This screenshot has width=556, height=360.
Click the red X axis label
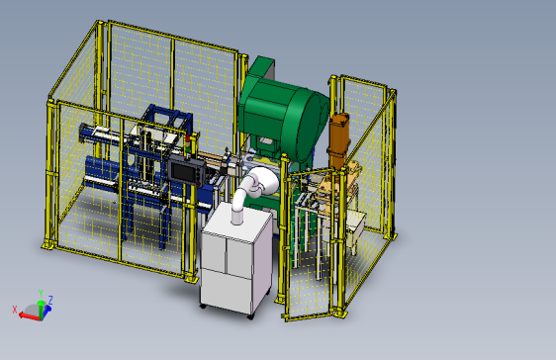point(15,310)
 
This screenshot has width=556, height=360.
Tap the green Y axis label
point(41,293)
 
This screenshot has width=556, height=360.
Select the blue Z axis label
point(50,301)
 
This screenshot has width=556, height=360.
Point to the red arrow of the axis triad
point(30,316)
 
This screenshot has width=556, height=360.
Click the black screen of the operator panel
point(183,172)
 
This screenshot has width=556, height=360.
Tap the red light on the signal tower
point(188,137)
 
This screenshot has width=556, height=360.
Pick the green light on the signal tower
point(188,149)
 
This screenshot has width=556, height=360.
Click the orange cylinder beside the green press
point(338,141)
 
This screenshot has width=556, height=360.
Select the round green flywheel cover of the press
point(310,124)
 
